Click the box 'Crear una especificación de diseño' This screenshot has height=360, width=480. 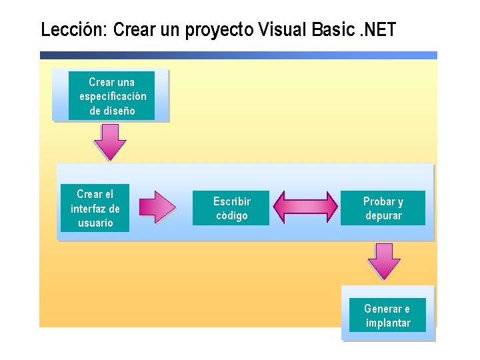pyautogui.click(x=111, y=96)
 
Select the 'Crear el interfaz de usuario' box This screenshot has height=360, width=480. pyautogui.click(x=95, y=208)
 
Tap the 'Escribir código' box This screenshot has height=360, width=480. pyautogui.click(x=231, y=208)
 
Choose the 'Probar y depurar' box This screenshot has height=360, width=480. pyautogui.click(x=383, y=208)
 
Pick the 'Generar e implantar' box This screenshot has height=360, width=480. pyautogui.click(x=387, y=315)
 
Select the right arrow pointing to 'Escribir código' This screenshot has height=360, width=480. pyautogui.click(x=157, y=207)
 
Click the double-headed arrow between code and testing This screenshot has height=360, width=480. pyautogui.click(x=306, y=207)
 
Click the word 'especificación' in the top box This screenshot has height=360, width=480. pyautogui.click(x=112, y=96)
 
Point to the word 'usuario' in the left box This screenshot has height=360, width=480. pyautogui.click(x=95, y=223)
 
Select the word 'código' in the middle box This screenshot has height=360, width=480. pyautogui.click(x=231, y=215)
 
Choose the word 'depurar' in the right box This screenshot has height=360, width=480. pyautogui.click(x=383, y=215)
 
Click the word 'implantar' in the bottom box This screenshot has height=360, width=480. pyautogui.click(x=388, y=323)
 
